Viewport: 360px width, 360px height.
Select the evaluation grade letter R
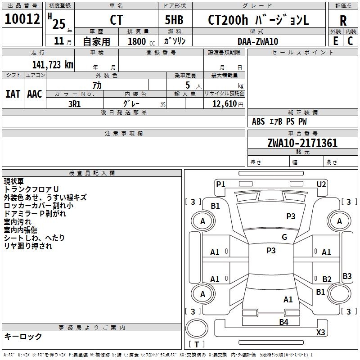tap(343, 21)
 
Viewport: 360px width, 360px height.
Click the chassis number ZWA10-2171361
tap(302, 143)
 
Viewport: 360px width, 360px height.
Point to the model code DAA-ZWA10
tap(258, 41)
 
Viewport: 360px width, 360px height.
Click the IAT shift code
tap(13, 94)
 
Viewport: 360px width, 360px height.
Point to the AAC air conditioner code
tap(34, 94)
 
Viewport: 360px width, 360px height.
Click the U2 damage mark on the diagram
tap(321, 184)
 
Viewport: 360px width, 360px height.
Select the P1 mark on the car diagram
tap(220, 184)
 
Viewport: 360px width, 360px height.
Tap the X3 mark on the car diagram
tap(320, 333)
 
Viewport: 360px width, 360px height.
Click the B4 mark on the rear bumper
tap(283, 322)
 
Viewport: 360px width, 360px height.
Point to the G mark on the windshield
tap(284, 237)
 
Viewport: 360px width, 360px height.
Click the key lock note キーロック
tap(23, 336)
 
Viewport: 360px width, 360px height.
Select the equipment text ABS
tap(258, 121)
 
